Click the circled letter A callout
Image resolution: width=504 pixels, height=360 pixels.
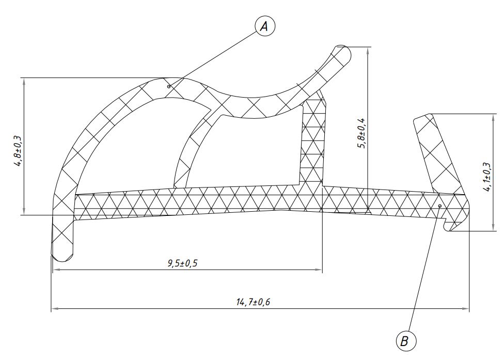click(x=265, y=26)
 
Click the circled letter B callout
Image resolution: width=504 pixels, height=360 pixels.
click(x=406, y=340)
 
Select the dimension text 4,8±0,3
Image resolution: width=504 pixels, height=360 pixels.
click(x=18, y=150)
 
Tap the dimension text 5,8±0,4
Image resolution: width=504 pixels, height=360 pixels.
click(x=361, y=133)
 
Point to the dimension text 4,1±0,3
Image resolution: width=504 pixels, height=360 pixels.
click(x=487, y=177)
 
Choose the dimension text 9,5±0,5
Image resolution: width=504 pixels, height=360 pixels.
click(x=183, y=263)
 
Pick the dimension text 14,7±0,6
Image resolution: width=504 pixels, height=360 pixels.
click(x=253, y=302)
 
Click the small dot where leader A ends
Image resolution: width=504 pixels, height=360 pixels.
click(x=169, y=86)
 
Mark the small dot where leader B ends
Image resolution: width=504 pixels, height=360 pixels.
click(x=440, y=206)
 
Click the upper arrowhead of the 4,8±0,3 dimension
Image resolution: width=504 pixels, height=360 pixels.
click(x=24, y=81)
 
